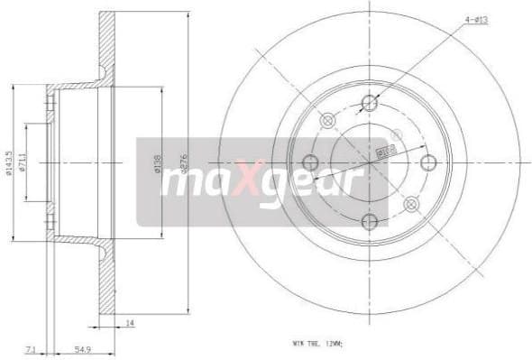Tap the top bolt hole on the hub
(x=369, y=101)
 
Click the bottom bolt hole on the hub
(x=369, y=223)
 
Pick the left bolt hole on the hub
(x=311, y=162)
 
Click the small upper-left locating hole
(x=327, y=120)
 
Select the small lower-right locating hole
(x=411, y=204)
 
